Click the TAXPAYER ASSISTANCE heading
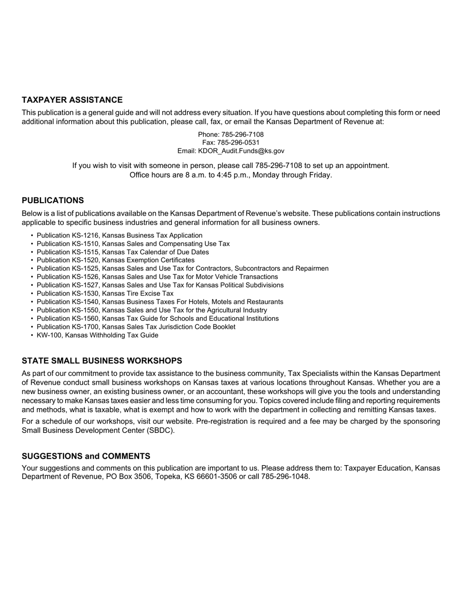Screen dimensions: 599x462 [72, 100]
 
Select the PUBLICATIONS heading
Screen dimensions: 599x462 [53, 201]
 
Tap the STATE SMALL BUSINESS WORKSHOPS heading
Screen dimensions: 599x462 [102, 361]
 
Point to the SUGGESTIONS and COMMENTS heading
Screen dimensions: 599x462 [86, 456]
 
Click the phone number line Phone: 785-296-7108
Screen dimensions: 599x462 [231, 134]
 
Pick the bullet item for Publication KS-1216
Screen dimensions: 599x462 [119, 236]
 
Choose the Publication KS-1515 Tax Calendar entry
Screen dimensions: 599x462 [123, 252]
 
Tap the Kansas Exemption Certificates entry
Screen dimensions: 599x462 [115, 261]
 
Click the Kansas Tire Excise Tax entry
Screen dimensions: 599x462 [105, 294]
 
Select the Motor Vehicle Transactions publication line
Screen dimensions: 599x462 [157, 277]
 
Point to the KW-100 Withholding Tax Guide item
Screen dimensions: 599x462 [97, 336]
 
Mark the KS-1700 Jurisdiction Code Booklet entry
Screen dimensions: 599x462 [136, 327]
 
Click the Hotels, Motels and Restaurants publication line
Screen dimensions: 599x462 [160, 302]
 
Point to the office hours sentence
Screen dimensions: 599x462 [231, 175]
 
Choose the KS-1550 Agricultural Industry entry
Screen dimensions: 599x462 [151, 310]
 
